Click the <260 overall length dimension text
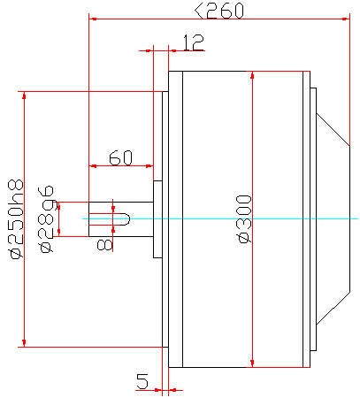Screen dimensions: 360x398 pyautogui.click(x=219, y=11)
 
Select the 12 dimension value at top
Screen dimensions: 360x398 pyautogui.click(x=193, y=43)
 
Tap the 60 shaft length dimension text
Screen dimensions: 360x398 pyautogui.click(x=120, y=158)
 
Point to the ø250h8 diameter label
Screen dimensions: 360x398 pyautogui.click(x=15, y=219)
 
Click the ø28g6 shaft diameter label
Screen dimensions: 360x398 pyautogui.click(x=46, y=219)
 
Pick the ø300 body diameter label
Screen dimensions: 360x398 pyautogui.click(x=244, y=219)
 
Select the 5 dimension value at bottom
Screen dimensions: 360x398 pyautogui.click(x=142, y=381)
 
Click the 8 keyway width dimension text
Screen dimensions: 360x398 pyautogui.click(x=104, y=245)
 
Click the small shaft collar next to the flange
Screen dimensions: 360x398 pyautogui.click(x=157, y=219)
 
